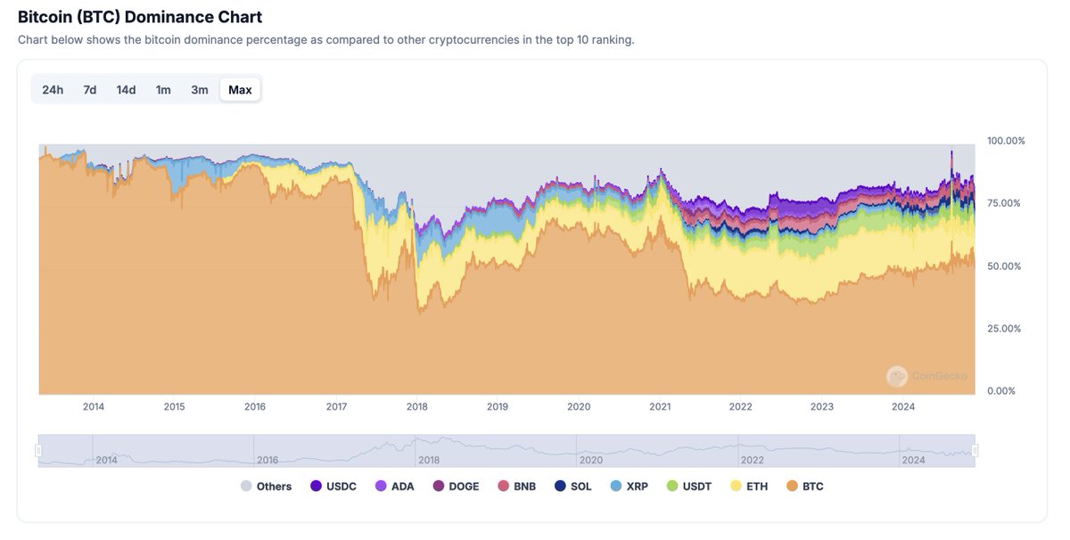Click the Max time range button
[240, 89]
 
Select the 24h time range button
[53, 89]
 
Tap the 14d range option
[126, 89]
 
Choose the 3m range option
[199, 89]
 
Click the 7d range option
[90, 89]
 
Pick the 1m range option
[163, 89]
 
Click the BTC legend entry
[805, 487]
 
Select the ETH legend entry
[749, 487]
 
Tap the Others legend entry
[266, 487]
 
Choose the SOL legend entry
[572, 487]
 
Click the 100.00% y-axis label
[1006, 141]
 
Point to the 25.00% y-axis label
[1003, 329]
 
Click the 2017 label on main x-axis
[336, 406]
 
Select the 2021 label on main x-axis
[660, 406]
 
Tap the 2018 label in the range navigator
[429, 460]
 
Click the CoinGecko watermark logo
[897, 376]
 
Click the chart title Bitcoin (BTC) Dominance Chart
[140, 17]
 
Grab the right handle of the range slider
[975, 450]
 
